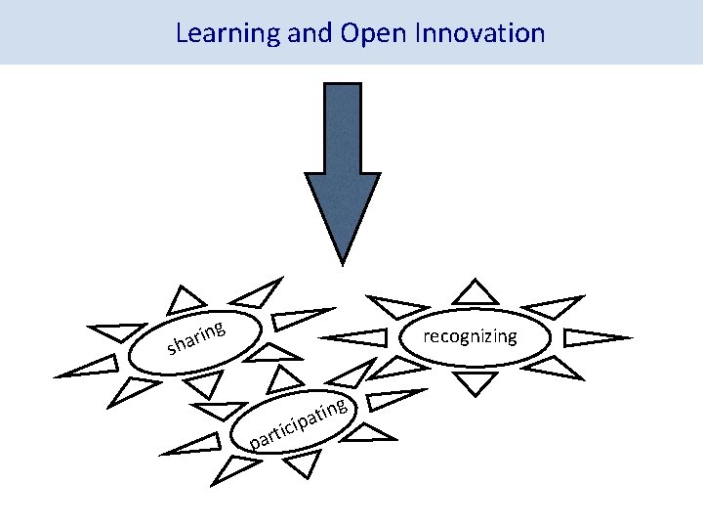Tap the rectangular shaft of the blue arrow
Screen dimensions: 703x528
[x=342, y=127]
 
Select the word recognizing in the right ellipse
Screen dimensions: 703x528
[x=470, y=337]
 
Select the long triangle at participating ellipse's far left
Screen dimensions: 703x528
[x=195, y=448]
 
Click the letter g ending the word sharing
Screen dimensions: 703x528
[x=223, y=329]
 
